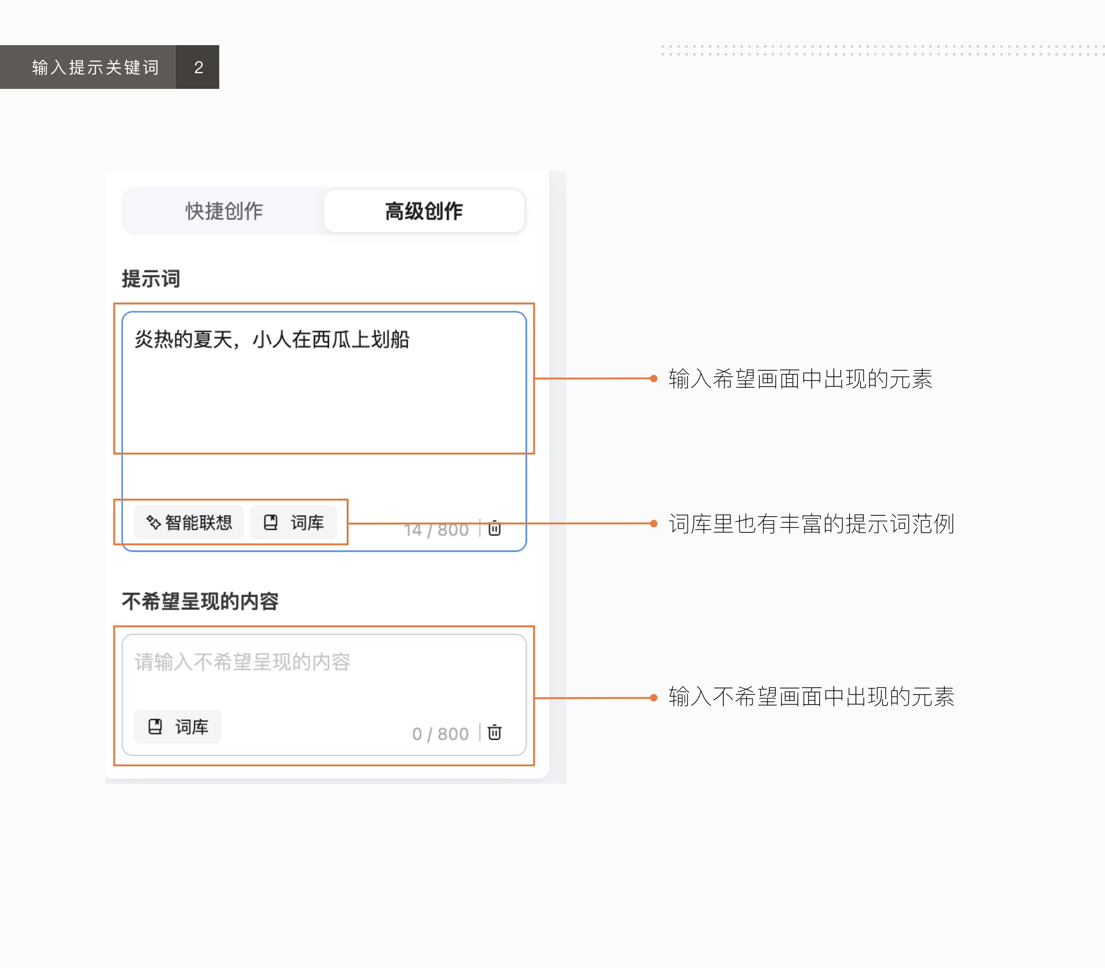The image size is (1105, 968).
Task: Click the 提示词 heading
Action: coord(151,279)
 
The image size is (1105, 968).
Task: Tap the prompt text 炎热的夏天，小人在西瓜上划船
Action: coord(272,340)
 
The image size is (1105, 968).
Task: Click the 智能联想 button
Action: coord(189,522)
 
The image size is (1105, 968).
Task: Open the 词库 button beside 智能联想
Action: coord(293,522)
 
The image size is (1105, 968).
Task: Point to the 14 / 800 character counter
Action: coord(436,530)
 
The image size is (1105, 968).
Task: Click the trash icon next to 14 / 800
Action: coord(494,528)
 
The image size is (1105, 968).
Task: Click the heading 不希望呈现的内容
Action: coord(200,601)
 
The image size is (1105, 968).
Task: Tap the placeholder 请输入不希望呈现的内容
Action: coord(243,662)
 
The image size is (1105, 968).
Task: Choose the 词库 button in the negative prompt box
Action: coord(178,727)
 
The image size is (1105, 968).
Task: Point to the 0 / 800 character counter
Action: coord(440,734)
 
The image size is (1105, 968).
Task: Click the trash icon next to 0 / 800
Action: coord(494,733)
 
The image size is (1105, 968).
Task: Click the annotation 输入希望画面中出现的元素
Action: coord(800,379)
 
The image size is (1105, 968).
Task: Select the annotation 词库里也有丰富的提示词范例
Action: coord(811,524)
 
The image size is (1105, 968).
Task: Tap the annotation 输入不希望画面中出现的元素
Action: coord(811,697)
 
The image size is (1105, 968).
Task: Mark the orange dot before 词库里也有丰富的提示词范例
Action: coord(653,524)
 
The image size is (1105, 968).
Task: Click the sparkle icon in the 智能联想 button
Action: coord(153,522)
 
